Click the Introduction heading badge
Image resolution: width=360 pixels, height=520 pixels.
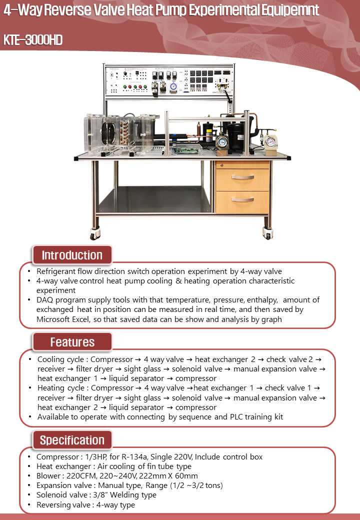point(72,255)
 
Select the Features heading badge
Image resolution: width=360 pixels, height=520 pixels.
point(72,342)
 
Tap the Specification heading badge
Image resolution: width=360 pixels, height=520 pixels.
point(72,440)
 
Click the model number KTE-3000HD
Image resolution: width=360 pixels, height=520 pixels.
point(33,40)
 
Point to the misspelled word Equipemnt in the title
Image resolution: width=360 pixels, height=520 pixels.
point(289,10)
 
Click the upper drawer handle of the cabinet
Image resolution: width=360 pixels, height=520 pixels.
point(242,177)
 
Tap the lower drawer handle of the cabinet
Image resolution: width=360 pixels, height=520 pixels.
point(242,199)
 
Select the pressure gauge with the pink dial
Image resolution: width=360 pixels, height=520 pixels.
point(270,141)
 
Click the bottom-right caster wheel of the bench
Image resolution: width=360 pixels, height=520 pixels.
point(267,233)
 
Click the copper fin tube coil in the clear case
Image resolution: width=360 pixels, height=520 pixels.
point(122,132)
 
